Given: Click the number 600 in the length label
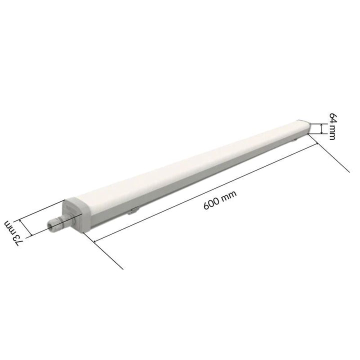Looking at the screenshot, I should (211, 203).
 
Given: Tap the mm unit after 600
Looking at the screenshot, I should (228, 195).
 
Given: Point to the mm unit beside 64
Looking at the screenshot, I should (332, 132).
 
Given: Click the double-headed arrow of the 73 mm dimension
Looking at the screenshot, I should (24, 227).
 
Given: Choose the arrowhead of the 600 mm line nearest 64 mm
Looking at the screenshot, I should (316, 143).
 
